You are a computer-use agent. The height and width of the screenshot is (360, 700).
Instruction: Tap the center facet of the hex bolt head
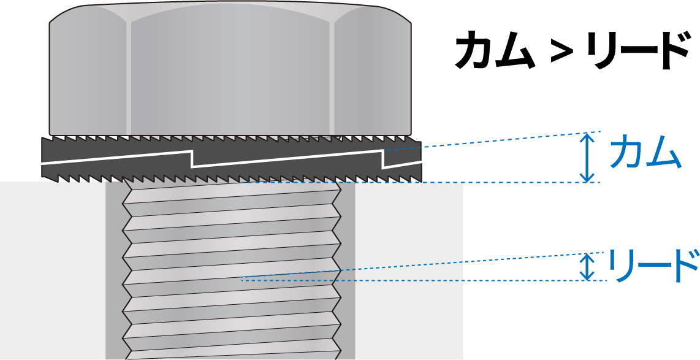click(231, 72)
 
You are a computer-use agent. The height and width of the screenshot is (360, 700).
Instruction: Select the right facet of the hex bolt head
click(372, 74)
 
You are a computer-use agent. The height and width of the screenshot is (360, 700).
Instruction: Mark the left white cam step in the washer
click(192, 160)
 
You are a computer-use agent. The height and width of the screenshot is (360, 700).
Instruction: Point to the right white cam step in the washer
click(384, 160)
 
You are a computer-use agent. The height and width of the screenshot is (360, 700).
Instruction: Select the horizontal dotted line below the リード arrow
click(424, 280)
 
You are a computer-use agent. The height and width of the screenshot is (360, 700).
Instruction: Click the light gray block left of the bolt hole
click(53, 270)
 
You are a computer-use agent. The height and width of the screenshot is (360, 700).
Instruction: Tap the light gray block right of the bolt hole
click(409, 270)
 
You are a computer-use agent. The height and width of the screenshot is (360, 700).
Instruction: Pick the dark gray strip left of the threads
click(114, 270)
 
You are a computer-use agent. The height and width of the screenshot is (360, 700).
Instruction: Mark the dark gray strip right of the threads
click(348, 270)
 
